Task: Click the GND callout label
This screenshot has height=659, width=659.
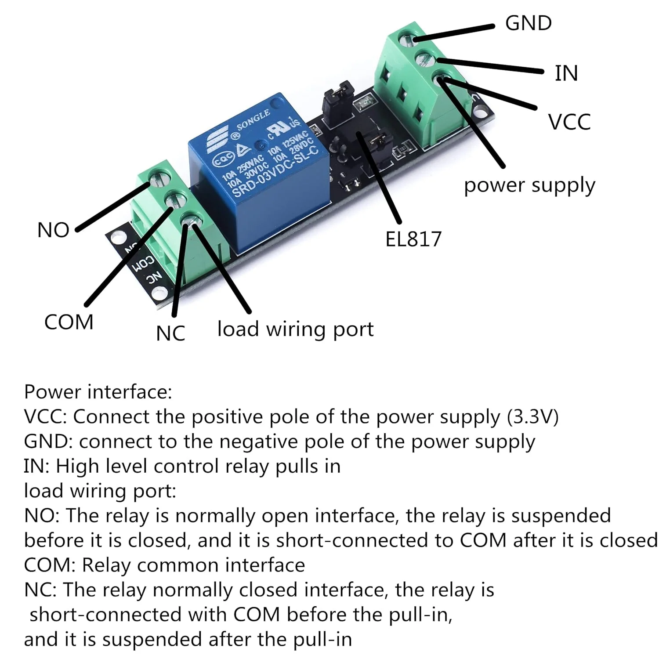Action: [x=528, y=23]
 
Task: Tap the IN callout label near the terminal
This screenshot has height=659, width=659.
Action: [x=566, y=73]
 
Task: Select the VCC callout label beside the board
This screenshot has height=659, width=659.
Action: [x=569, y=122]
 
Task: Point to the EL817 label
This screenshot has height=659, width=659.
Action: [x=413, y=239]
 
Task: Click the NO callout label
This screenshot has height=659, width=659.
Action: [x=53, y=230]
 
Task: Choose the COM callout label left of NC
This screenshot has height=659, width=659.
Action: [x=69, y=322]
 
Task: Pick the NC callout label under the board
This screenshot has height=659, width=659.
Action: [x=170, y=333]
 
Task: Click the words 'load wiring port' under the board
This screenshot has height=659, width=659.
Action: [x=295, y=329]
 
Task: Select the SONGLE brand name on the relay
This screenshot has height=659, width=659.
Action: [x=253, y=120]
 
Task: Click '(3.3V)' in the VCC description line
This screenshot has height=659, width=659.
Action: [x=532, y=416]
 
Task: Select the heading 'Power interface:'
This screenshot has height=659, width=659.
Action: [x=98, y=392]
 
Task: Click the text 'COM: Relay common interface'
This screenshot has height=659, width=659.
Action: [x=164, y=565]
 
